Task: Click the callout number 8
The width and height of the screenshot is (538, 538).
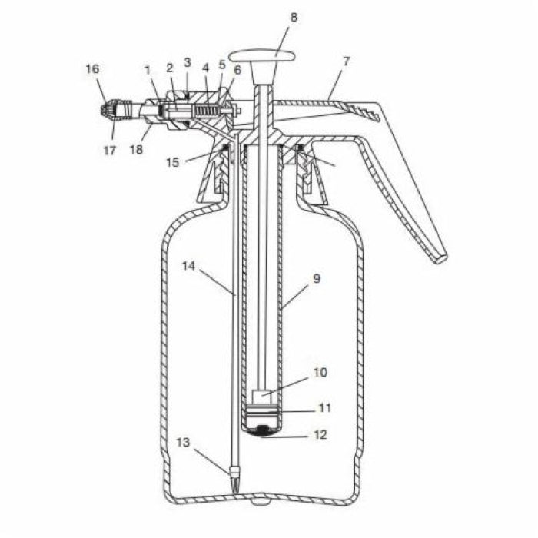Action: pyautogui.click(x=294, y=17)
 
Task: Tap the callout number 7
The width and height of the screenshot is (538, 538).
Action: pyautogui.click(x=346, y=61)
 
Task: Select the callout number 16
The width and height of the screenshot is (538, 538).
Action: pyautogui.click(x=92, y=69)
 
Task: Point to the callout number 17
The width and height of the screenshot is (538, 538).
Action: pyautogui.click(x=110, y=151)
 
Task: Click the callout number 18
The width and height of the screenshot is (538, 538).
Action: pyautogui.click(x=136, y=150)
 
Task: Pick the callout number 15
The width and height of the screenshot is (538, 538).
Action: pyautogui.click(x=173, y=162)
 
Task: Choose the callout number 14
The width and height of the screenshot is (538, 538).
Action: pyautogui.click(x=188, y=266)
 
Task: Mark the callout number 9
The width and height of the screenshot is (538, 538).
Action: pyautogui.click(x=317, y=279)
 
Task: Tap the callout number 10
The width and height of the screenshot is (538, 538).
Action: pyautogui.click(x=320, y=372)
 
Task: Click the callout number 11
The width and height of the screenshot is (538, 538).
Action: pyautogui.click(x=325, y=408)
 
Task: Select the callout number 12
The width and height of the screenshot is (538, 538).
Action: pyautogui.click(x=320, y=435)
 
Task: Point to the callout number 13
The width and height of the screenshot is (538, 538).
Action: pyautogui.click(x=183, y=442)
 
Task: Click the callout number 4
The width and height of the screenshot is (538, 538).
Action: pyautogui.click(x=205, y=68)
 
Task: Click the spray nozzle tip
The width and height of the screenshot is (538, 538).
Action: pyautogui.click(x=106, y=109)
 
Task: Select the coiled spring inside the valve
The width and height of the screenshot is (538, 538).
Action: pyautogui.click(x=206, y=111)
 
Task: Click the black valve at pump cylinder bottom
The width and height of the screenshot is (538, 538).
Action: pyautogui.click(x=263, y=429)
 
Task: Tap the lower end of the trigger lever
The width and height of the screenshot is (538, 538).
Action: pyautogui.click(x=440, y=259)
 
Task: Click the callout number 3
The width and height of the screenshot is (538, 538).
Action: pyautogui.click(x=187, y=63)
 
